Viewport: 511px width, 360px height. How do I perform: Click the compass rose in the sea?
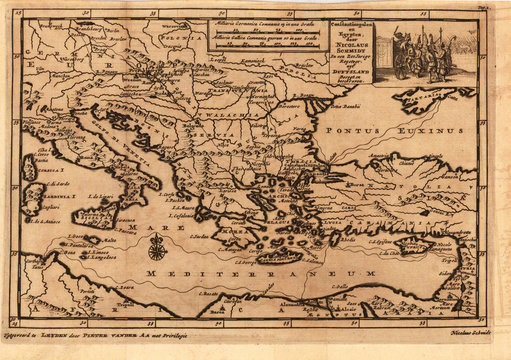coord(157,251)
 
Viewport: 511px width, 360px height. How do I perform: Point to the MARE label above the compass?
coord(156,230)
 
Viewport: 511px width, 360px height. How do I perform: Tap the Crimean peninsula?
coord(420,98)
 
